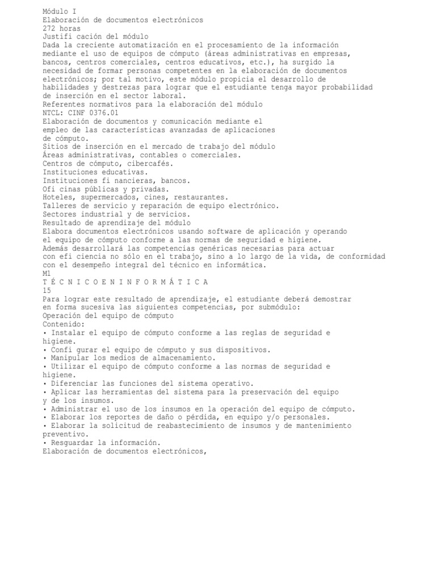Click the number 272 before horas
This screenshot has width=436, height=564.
(49, 28)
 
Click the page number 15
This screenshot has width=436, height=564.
(47, 291)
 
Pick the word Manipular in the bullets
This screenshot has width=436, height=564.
(70, 358)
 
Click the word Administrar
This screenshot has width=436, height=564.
(75, 409)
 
